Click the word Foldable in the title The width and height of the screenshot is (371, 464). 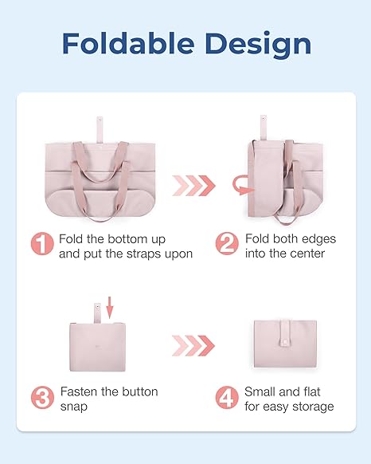129,44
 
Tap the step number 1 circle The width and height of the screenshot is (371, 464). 42,243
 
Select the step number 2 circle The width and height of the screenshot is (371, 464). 227,243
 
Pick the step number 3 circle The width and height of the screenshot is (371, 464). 42,397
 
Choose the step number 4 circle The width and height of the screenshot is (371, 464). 227,397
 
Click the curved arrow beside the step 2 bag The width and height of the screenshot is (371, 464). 242,185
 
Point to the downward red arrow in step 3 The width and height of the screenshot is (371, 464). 110,308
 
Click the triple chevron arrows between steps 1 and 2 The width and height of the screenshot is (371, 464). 194,186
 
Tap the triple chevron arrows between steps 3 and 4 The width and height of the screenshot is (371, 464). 193,345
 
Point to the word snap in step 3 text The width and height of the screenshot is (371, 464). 74,407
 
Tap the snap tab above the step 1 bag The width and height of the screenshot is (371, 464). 100,129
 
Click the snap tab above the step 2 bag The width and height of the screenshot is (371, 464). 264,128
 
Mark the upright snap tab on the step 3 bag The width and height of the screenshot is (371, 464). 98,313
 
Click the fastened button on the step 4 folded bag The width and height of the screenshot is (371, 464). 285,343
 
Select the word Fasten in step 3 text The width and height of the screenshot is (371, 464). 79,391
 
